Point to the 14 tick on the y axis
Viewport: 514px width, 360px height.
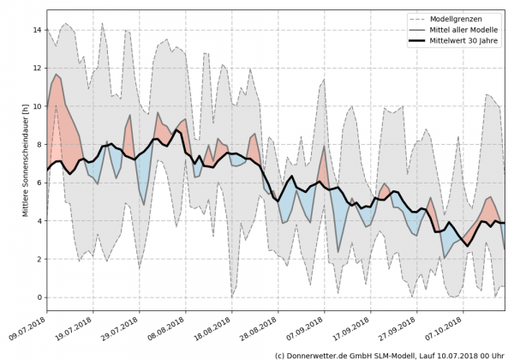[36, 30]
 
